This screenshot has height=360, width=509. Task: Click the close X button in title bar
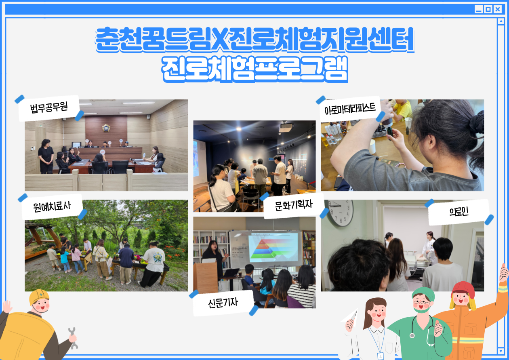coord(498,9)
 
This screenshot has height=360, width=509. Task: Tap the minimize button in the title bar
coord(478,9)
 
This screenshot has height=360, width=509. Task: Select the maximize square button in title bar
coord(488,9)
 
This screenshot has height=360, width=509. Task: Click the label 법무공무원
coord(49,107)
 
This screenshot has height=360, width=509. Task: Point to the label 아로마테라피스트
coord(350,109)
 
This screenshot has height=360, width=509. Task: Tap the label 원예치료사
coord(52,206)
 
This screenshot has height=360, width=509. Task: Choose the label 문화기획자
coord(294,205)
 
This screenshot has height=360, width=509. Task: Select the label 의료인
coord(459,212)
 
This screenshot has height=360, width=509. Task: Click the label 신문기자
coord(223,303)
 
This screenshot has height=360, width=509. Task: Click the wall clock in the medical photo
coord(340,213)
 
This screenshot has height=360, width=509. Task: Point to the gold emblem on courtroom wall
coord(106,128)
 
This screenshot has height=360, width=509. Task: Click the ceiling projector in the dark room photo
coord(286,128)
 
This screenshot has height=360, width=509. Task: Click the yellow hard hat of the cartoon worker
coord(39,297)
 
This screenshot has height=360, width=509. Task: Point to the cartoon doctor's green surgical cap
coord(423,294)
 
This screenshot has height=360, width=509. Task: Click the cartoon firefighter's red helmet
coord(463,289)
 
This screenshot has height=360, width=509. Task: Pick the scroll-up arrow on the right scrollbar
coord(501,21)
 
